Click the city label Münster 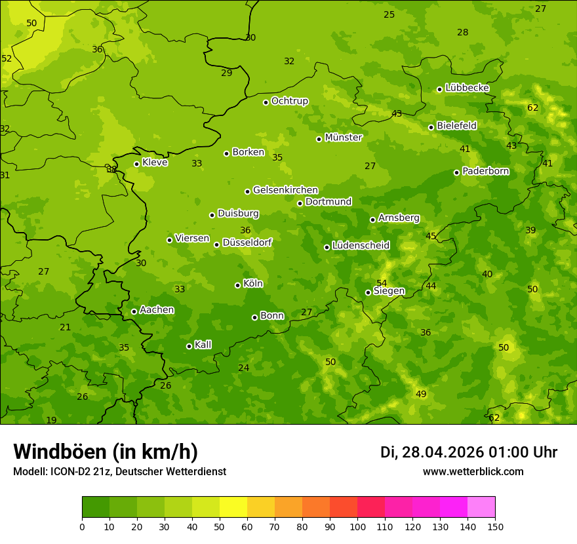[x=343, y=138]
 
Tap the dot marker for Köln [x=237, y=285]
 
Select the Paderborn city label [x=485, y=171]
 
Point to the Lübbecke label [x=467, y=88]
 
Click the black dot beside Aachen [x=134, y=311]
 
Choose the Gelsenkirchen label [x=285, y=190]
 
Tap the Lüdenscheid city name [x=361, y=246]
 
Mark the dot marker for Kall [x=189, y=346]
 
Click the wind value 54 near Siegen [x=382, y=282]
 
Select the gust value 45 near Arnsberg [x=431, y=236]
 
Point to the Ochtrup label [x=289, y=101]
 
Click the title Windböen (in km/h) [x=105, y=452]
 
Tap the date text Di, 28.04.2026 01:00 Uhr [x=468, y=452]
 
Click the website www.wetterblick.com [x=473, y=471]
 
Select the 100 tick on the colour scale [x=357, y=526]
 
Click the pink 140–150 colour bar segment [x=481, y=507]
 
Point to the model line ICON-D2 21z [x=119, y=471]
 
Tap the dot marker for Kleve [x=136, y=164]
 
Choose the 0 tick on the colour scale [x=82, y=526]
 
